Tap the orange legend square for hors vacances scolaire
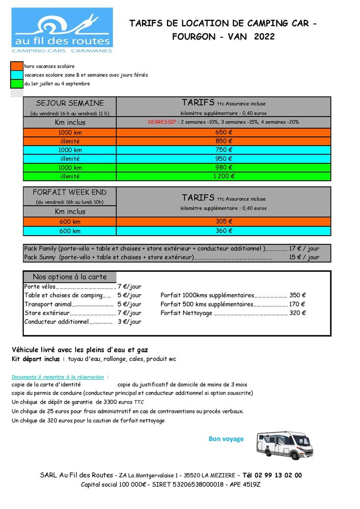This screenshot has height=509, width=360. point(17,66)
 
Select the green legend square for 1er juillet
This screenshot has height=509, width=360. point(17,83)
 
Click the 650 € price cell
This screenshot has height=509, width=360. point(224,132)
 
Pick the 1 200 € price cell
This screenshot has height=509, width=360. point(224,176)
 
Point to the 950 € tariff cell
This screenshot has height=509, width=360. point(224,159)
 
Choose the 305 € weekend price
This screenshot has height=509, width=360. point(224,221)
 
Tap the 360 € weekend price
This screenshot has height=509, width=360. point(224,231)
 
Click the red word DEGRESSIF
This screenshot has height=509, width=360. point(162,122)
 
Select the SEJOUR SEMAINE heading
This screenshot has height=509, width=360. point(70,103)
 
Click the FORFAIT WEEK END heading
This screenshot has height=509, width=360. point(70,192)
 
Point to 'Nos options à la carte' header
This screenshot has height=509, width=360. point(70,277)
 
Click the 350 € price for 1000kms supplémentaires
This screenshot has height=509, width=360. point(297,295)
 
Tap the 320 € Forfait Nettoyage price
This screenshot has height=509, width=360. point(297,313)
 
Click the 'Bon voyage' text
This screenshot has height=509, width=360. point(226,439)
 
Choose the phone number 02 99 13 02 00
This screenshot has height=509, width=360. point(276,475)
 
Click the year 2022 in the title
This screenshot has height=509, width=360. point(264,37)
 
